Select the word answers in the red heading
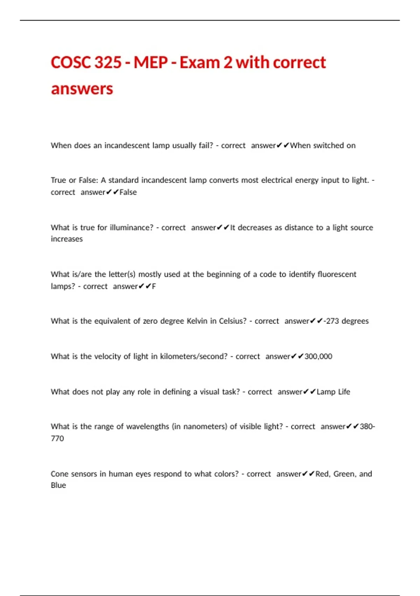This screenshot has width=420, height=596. [x=82, y=89]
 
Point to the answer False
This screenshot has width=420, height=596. [x=128, y=192]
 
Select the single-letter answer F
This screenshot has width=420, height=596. [x=154, y=286]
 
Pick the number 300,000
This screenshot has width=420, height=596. [x=318, y=357]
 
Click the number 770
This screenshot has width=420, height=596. [x=57, y=439]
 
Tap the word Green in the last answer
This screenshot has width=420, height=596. [x=344, y=474]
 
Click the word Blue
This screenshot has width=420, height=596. [x=58, y=485]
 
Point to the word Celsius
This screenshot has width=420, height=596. [x=233, y=321]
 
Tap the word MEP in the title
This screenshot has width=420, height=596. [x=150, y=62]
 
